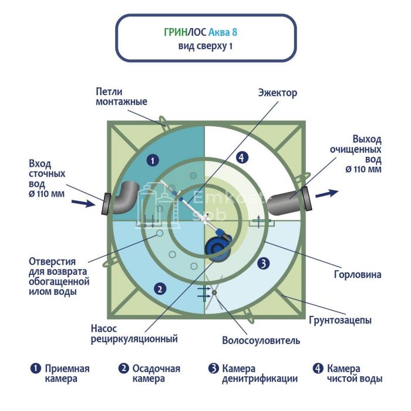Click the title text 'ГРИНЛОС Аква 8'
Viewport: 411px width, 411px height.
click(205, 32)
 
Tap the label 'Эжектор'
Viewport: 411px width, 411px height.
click(278, 93)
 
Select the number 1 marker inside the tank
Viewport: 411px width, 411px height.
click(152, 159)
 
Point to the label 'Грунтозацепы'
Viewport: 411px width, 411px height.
click(340, 321)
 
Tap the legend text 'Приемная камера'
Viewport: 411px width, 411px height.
click(67, 373)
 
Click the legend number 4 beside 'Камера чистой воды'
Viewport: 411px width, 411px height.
click(318, 369)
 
